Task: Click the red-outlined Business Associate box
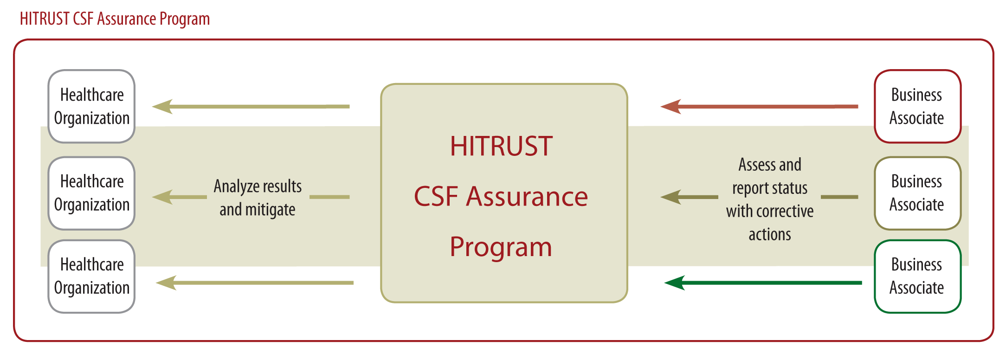pyautogui.click(x=917, y=106)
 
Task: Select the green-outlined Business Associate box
pyautogui.click(x=917, y=276)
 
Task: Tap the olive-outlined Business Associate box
pyautogui.click(x=917, y=193)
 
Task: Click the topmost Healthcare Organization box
pyautogui.click(x=91, y=106)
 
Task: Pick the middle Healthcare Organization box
pyautogui.click(x=91, y=193)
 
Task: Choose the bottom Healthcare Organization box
pyautogui.click(x=91, y=276)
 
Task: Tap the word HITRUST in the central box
pyautogui.click(x=501, y=146)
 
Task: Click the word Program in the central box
pyautogui.click(x=501, y=247)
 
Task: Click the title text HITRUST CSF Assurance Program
pyautogui.click(x=115, y=19)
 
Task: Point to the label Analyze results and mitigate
pyautogui.click(x=258, y=198)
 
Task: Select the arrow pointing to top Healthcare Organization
pyautogui.click(x=251, y=106)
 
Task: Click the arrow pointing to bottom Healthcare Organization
pyautogui.click(x=254, y=283)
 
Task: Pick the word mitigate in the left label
pyautogui.click(x=270, y=210)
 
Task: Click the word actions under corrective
pyautogui.click(x=770, y=235)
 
